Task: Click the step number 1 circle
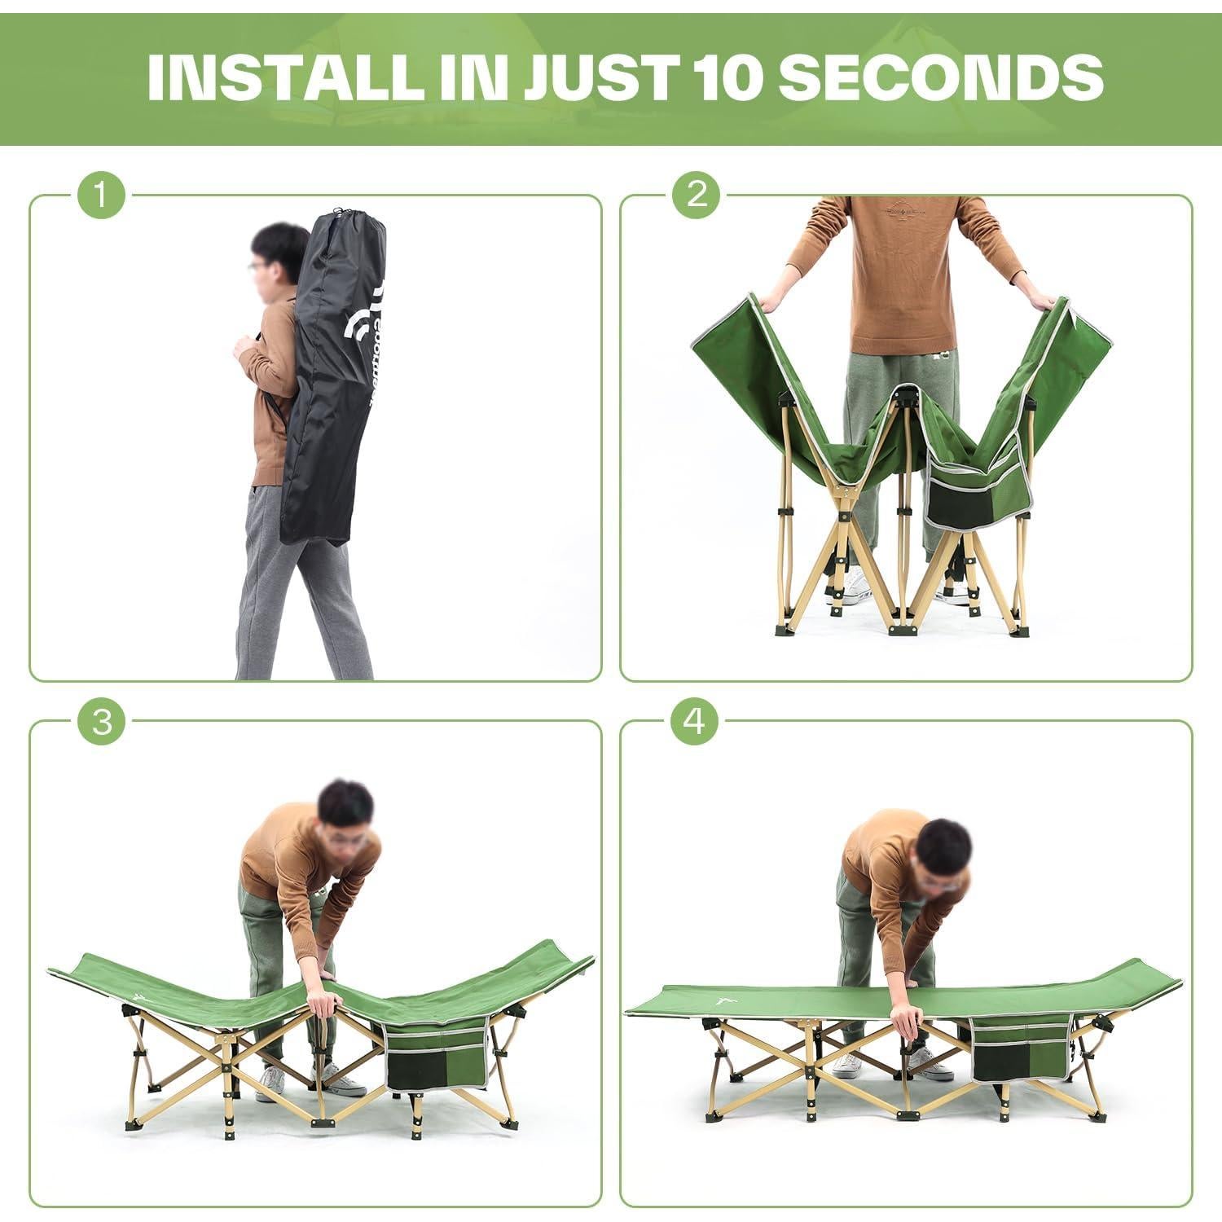101,196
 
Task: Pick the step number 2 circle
697,196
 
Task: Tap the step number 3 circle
101,722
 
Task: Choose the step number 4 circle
697,722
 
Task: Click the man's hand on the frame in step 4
904,1018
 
